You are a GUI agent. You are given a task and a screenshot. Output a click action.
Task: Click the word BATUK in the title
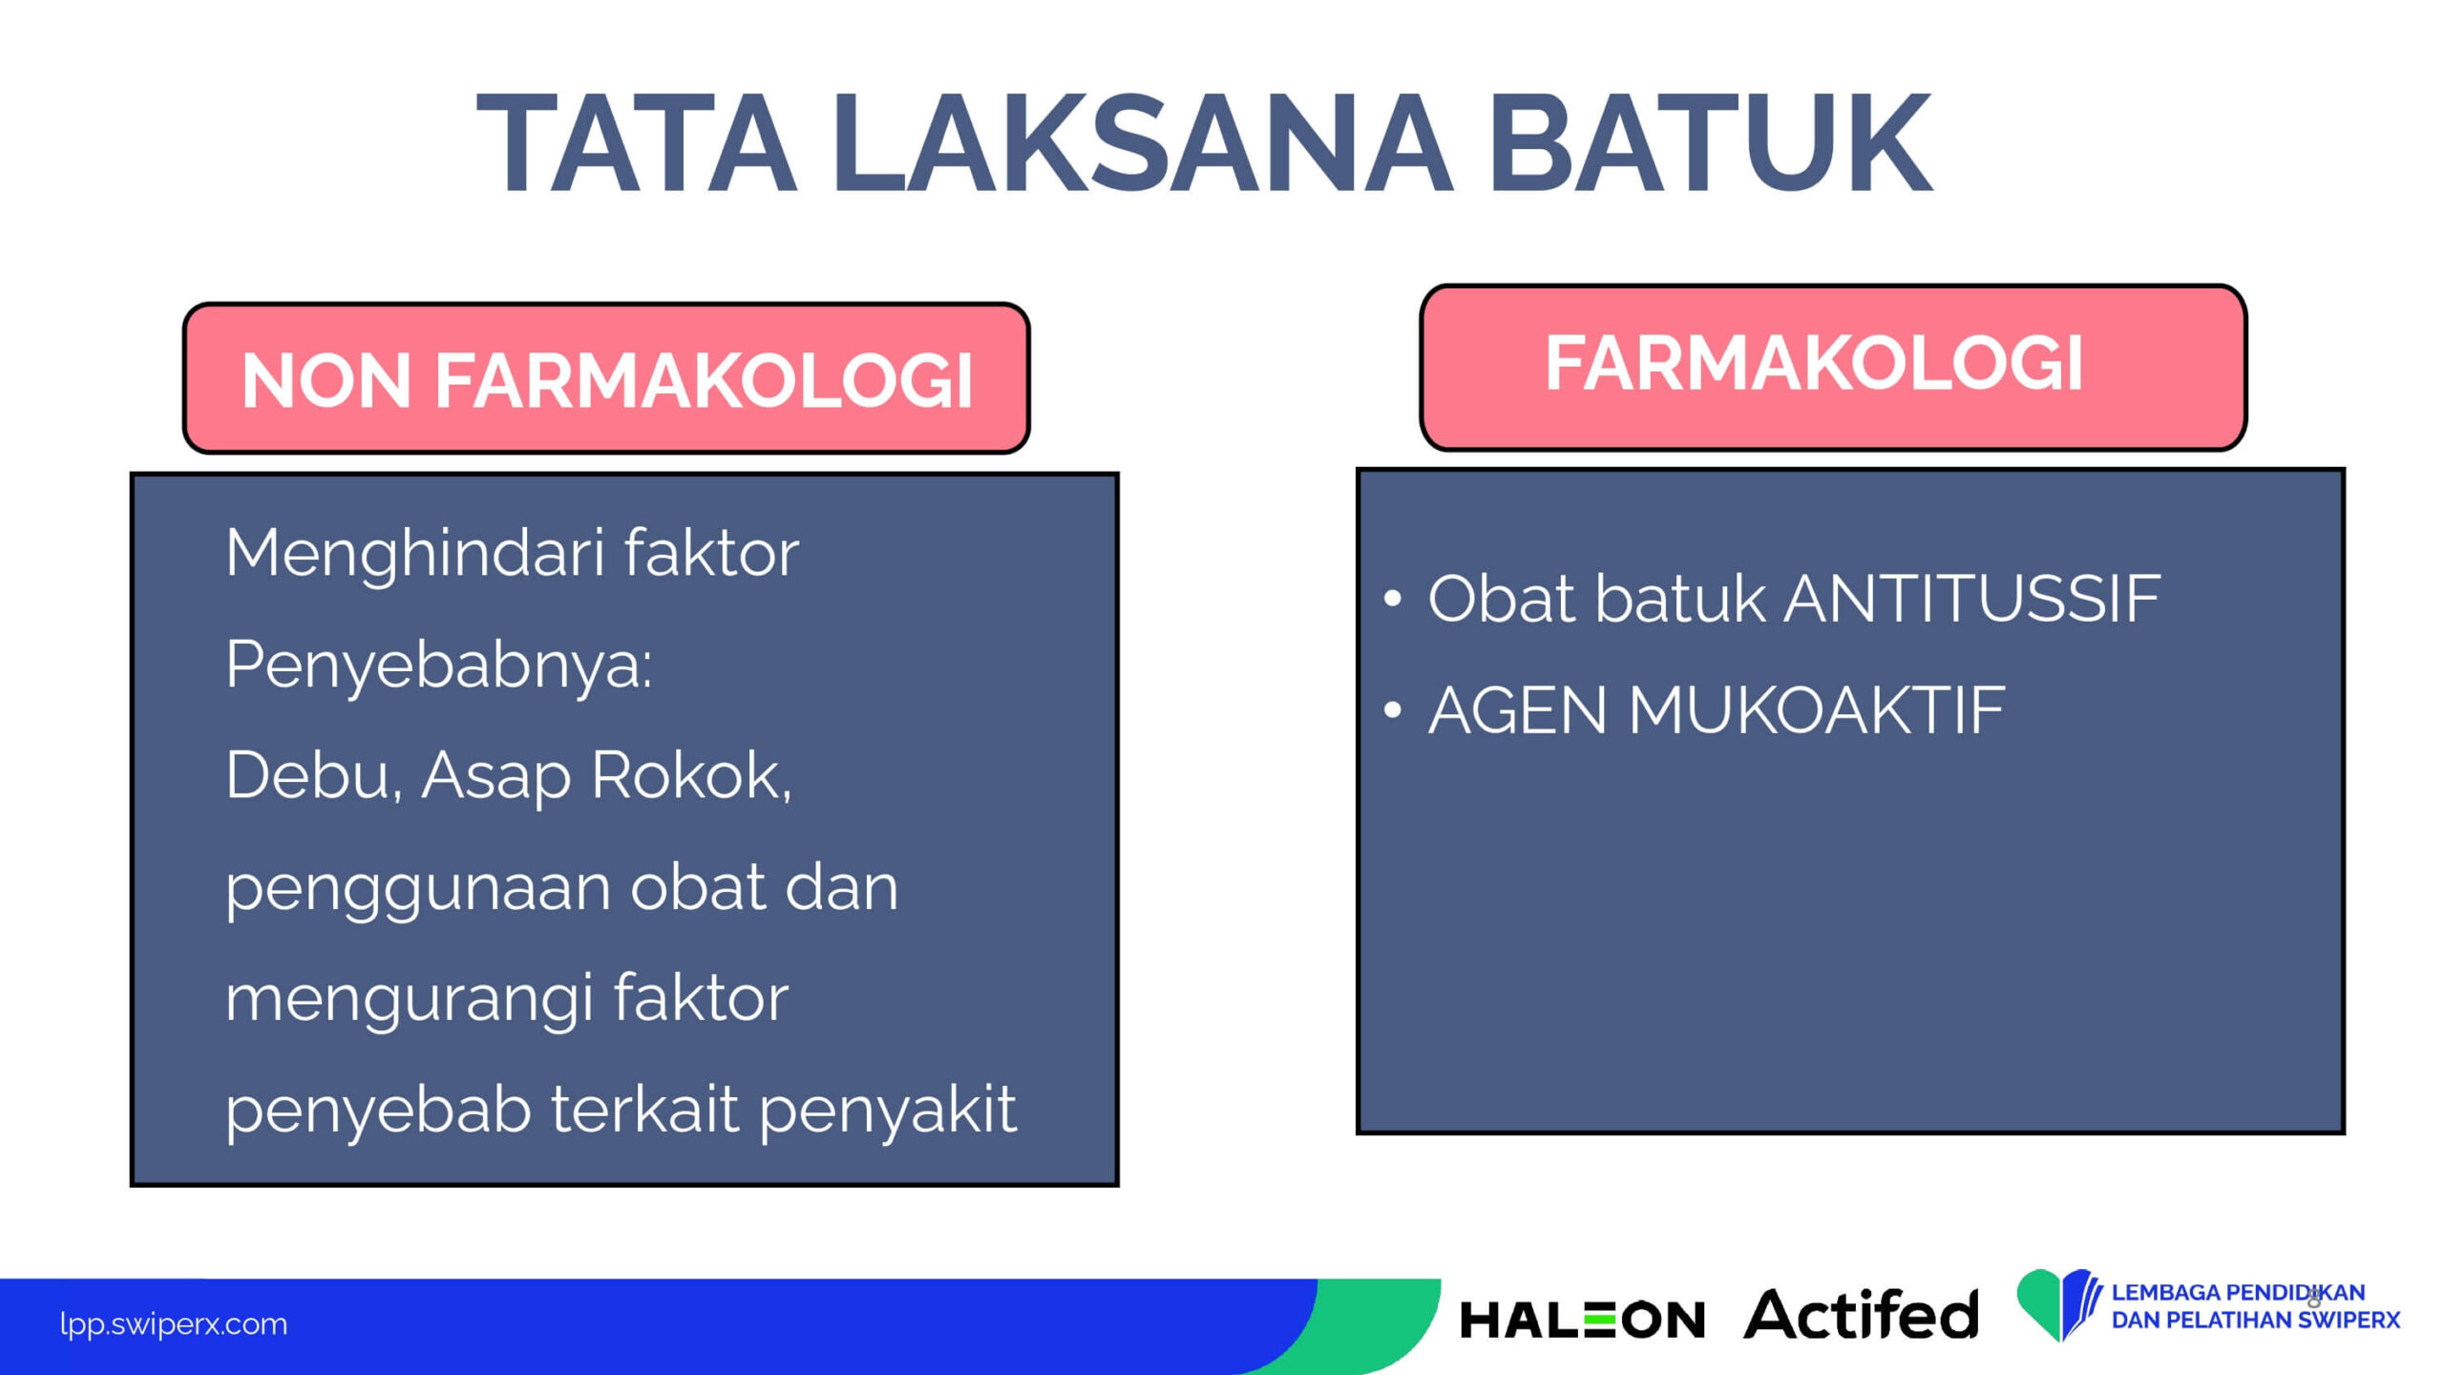tap(1710, 143)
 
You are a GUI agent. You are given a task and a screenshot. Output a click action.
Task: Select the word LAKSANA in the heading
tap(1142, 143)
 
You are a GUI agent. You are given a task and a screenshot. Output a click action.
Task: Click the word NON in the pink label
tap(326, 380)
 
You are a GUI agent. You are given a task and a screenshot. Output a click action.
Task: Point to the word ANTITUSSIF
tap(1971, 599)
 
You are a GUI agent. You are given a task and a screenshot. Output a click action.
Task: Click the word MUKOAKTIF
tap(1816, 710)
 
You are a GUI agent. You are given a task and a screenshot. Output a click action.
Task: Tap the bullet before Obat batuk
tap(1393, 600)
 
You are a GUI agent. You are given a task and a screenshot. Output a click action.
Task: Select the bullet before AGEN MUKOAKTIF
tap(1393, 710)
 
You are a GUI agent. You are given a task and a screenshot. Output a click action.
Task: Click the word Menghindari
tap(415, 555)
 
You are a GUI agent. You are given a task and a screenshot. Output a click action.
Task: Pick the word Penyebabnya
tap(438, 666)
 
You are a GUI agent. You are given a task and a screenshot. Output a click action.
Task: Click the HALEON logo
tap(1582, 1321)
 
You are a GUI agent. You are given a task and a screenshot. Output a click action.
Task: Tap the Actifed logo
tap(1861, 1314)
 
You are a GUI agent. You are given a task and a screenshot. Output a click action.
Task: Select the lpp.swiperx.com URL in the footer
tap(173, 1324)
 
